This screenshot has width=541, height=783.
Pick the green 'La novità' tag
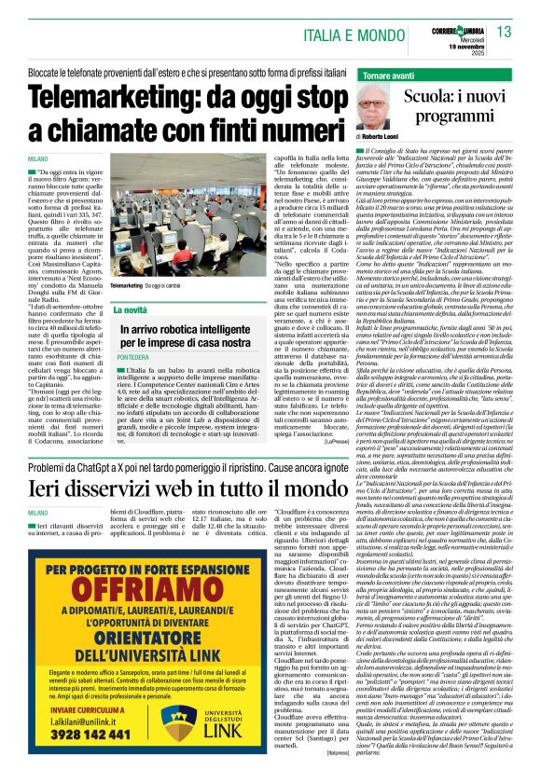tap(131, 309)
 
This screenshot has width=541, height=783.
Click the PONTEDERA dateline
tap(132, 356)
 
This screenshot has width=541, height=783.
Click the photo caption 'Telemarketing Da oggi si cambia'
tap(151, 284)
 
